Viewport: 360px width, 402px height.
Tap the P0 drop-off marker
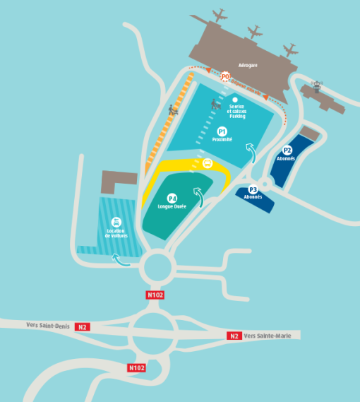pos(225,76)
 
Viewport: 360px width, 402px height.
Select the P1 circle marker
pos(222,131)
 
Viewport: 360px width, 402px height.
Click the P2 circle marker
pos(287,150)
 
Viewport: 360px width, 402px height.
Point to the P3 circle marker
pos(253,189)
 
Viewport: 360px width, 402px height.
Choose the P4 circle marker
pos(172,199)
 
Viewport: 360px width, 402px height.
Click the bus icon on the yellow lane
pos(208,163)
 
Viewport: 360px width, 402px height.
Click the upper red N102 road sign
pos(155,295)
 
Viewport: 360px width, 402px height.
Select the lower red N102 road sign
pos(136,368)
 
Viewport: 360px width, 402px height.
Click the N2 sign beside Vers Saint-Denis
pos(83,326)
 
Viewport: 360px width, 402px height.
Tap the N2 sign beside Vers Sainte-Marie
pos(234,336)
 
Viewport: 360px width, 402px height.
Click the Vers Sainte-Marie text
pos(268,336)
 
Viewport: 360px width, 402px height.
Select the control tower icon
pos(316,86)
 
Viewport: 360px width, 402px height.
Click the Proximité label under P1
pos(222,140)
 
